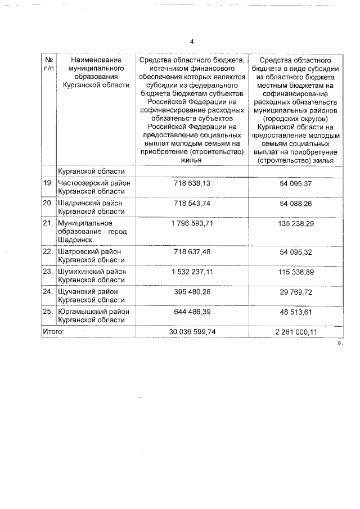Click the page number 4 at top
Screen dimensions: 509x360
[192, 42]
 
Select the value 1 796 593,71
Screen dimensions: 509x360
[193, 223]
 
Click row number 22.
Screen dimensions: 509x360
[48, 251]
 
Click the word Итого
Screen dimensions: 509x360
[53, 332]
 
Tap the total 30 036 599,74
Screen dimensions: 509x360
[193, 332]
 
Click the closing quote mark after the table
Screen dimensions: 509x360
[339, 342]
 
